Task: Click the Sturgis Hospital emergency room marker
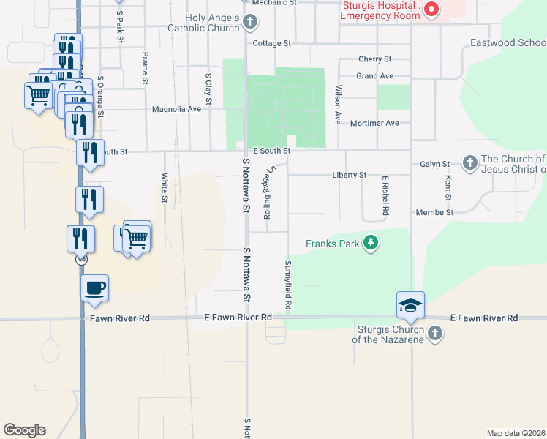[431, 10]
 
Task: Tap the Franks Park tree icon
[371, 243]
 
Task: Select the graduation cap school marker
[410, 304]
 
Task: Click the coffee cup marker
[94, 288]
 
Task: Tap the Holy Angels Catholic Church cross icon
[250, 21]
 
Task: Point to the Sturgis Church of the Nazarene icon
[435, 334]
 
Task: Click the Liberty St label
[349, 176]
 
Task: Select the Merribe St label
[435, 212]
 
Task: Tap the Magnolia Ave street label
[176, 110]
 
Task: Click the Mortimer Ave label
[374, 123]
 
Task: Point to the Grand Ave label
[375, 76]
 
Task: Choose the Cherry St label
[375, 59]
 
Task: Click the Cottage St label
[272, 43]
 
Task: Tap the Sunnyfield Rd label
[288, 284]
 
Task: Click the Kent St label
[447, 187]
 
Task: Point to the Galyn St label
[434, 165]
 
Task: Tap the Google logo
[25, 430]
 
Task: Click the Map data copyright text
[516, 433]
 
